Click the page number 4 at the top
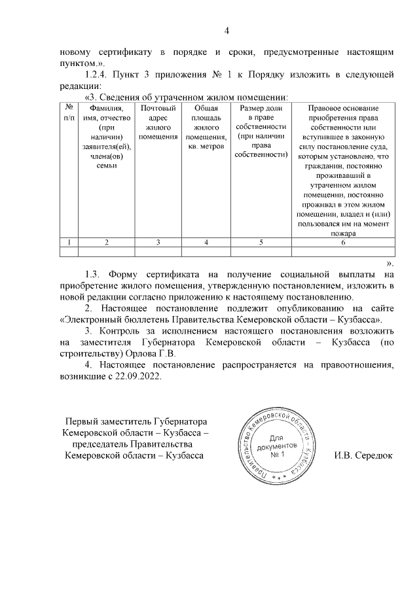pos(226,30)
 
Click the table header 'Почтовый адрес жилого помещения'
pos(158,122)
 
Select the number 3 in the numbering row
pos(158,243)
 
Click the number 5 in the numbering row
pos(261,243)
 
